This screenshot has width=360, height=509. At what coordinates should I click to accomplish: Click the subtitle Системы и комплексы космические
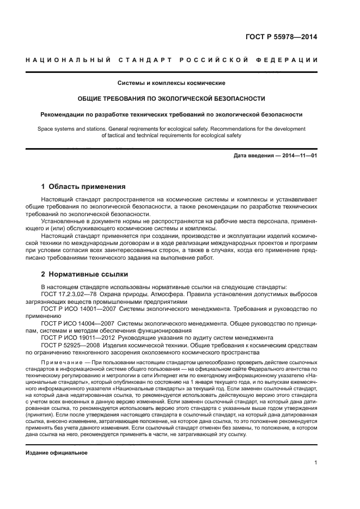tap(171, 83)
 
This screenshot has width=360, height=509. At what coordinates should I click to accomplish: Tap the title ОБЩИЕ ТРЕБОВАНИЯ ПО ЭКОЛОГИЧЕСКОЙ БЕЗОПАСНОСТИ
tap(171, 99)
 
